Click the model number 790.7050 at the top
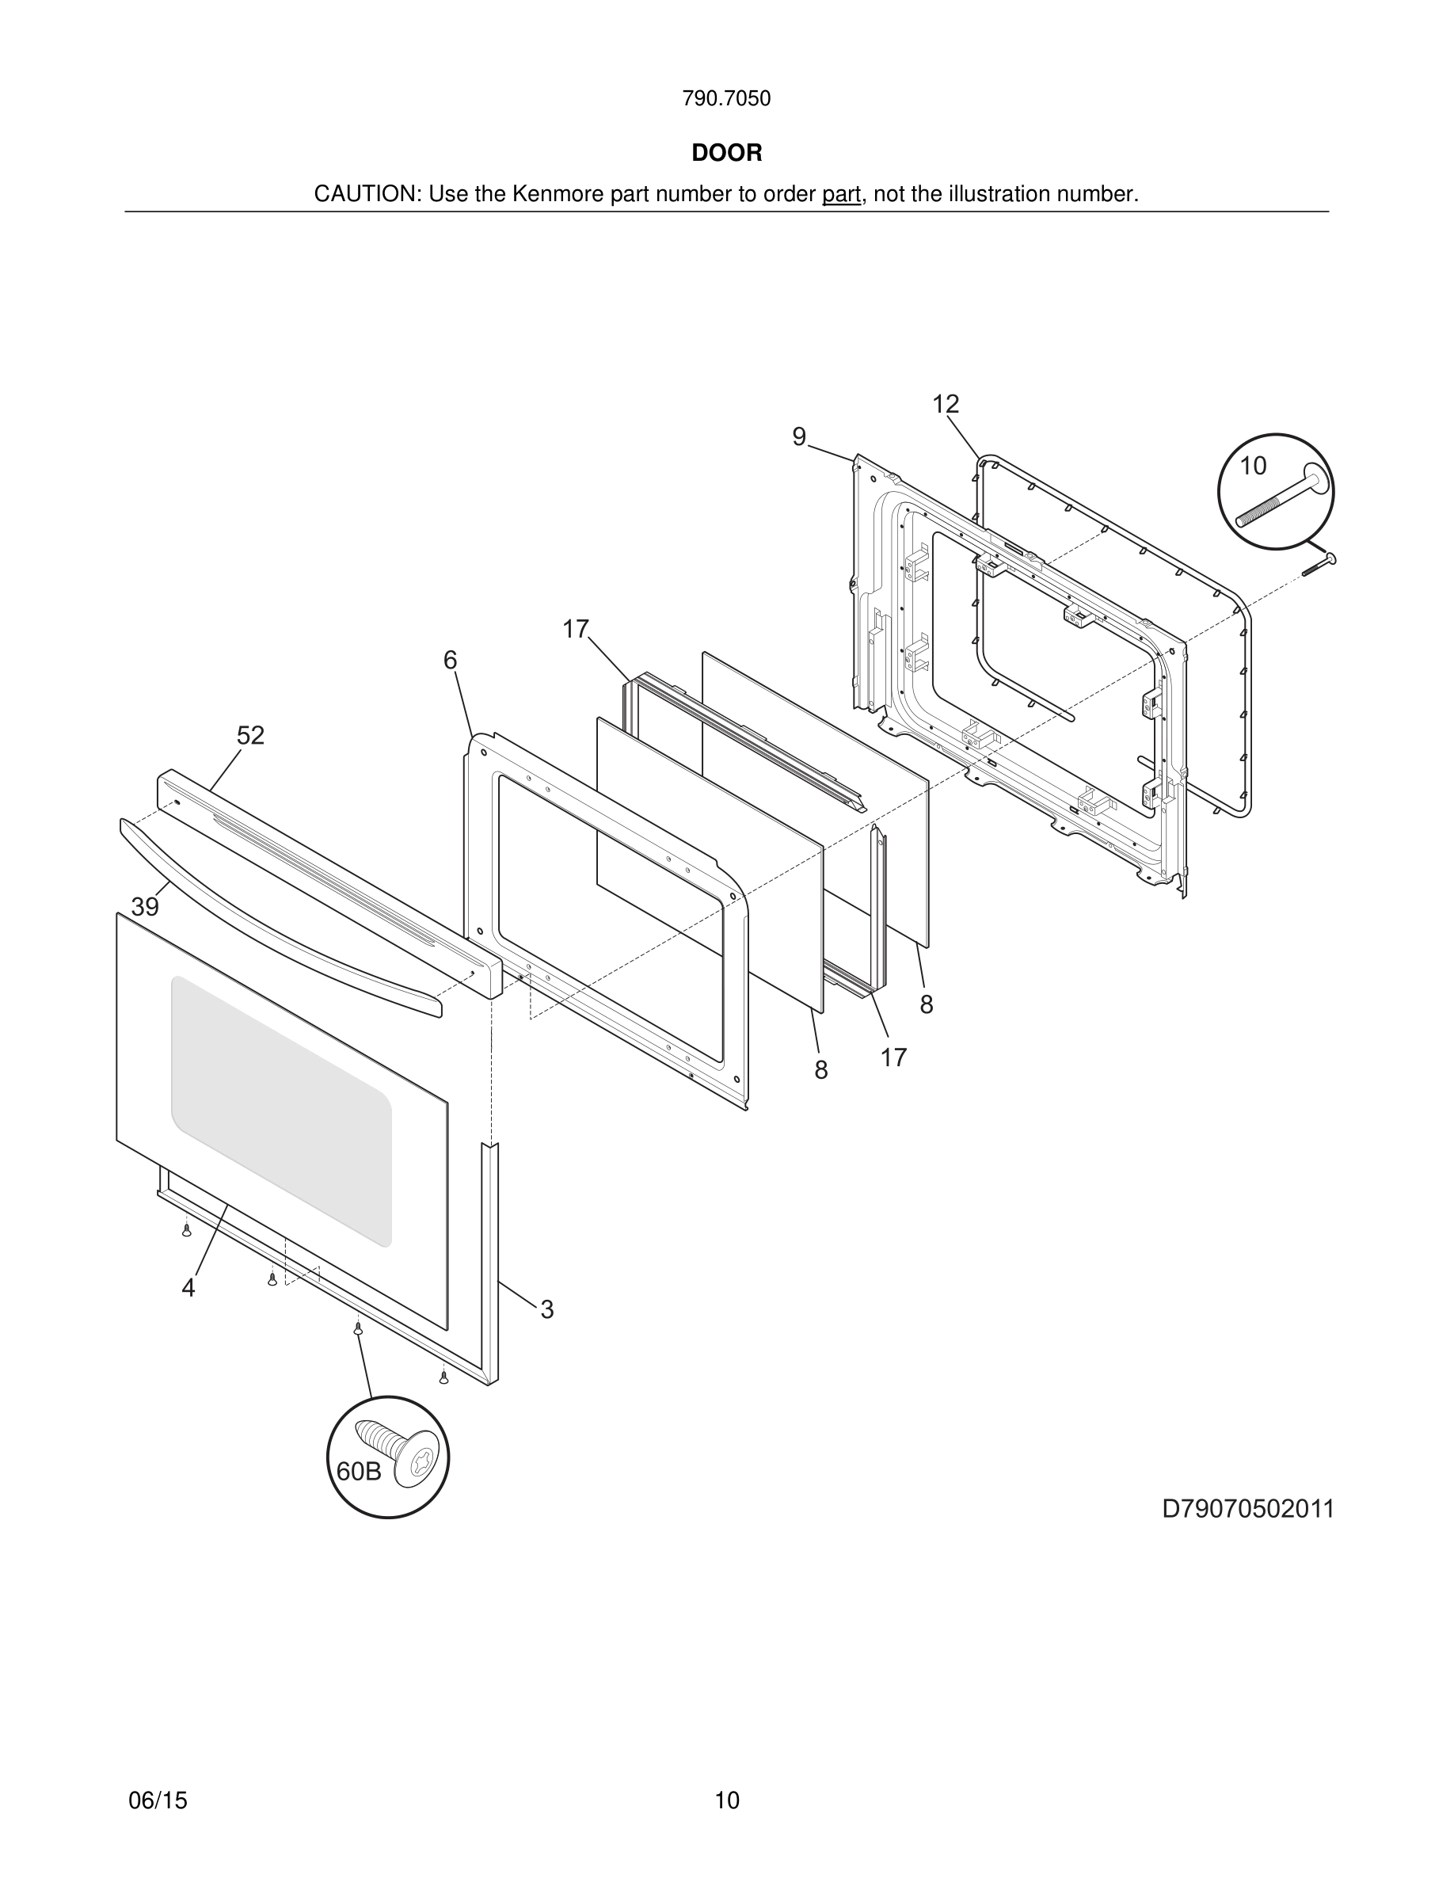point(726,99)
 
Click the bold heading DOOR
point(726,154)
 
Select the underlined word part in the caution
point(841,195)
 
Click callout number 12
point(945,404)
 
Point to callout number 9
point(798,438)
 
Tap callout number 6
point(450,660)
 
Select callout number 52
point(251,736)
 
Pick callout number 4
point(188,1288)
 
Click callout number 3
point(547,1310)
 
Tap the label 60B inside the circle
point(358,1472)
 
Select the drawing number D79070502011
point(1247,1509)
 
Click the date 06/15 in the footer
point(158,1800)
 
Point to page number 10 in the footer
point(726,1800)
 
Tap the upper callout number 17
point(576,630)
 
